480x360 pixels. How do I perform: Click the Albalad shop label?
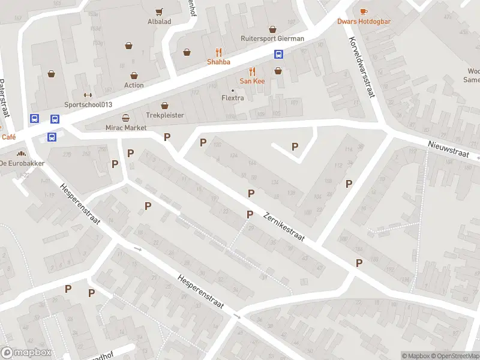point(159,22)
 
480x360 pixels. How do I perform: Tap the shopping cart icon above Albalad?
point(159,11)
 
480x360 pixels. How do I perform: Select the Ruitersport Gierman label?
point(272,38)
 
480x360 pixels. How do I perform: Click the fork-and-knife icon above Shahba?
point(218,52)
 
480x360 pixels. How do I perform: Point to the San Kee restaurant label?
point(252,80)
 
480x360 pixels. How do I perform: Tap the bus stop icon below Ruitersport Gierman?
point(279,54)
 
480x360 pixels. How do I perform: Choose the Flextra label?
point(233,98)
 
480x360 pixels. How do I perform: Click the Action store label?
point(134,85)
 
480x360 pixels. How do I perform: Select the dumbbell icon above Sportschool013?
point(88,94)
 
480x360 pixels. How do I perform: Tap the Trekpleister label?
point(164,115)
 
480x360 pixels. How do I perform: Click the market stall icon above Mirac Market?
point(125,118)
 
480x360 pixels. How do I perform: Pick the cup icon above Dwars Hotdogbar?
point(363,11)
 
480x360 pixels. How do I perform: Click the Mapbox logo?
point(25,353)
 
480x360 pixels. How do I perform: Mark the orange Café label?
point(8,137)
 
